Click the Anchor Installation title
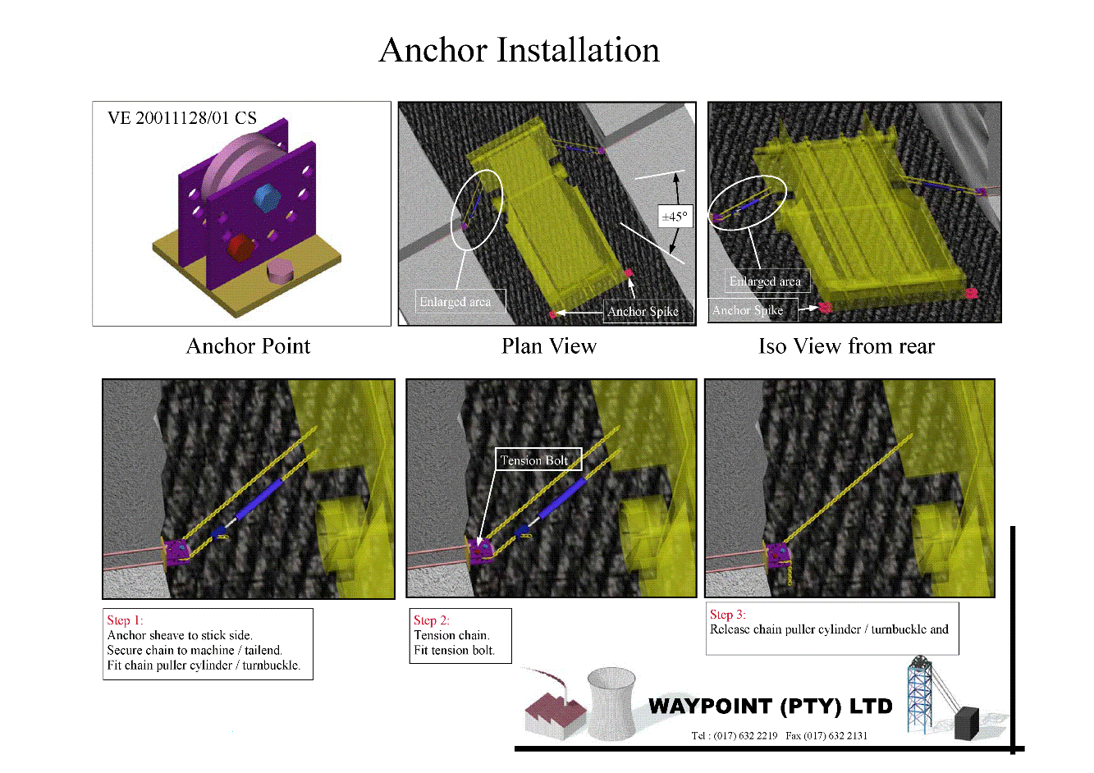520,50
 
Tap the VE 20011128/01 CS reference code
181,117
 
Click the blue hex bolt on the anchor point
268,198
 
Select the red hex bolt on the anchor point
241,247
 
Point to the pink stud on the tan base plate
280,271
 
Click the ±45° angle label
675,217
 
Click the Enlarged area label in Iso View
767,281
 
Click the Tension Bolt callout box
538,460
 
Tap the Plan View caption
549,345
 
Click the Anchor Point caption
248,345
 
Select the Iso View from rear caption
846,345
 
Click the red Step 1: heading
125,620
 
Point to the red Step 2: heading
431,620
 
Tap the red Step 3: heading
728,615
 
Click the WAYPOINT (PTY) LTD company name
770,706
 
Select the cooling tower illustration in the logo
611,704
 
